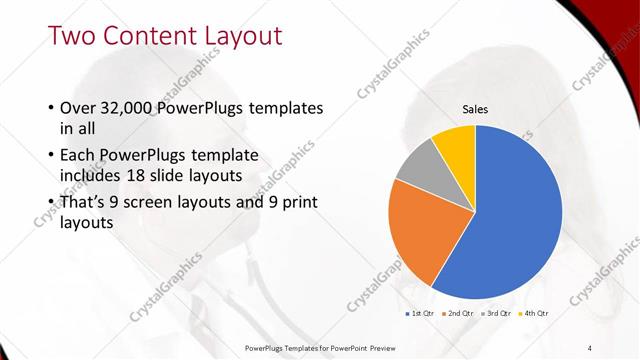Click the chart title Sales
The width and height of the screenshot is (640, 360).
pyautogui.click(x=475, y=110)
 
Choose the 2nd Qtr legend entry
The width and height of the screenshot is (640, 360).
pyautogui.click(x=459, y=314)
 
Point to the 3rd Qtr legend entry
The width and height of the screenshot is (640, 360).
pyautogui.click(x=497, y=314)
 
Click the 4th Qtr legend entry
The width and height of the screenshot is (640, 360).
pyautogui.click(x=534, y=314)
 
